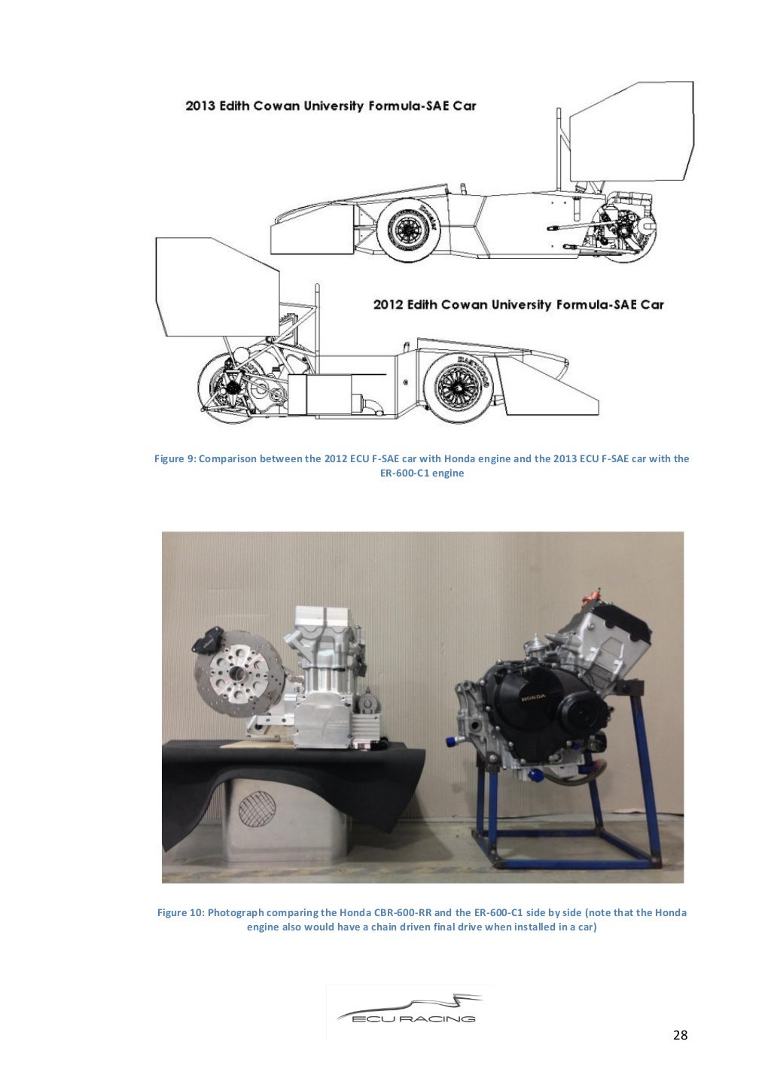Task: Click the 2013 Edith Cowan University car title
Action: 331,106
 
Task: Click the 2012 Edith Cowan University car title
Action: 518,305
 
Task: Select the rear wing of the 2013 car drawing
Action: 631,135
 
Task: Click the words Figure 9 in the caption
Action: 174,458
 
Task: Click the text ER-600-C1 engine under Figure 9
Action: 421,473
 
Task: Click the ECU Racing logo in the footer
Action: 409,1011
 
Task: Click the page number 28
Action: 679,1035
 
